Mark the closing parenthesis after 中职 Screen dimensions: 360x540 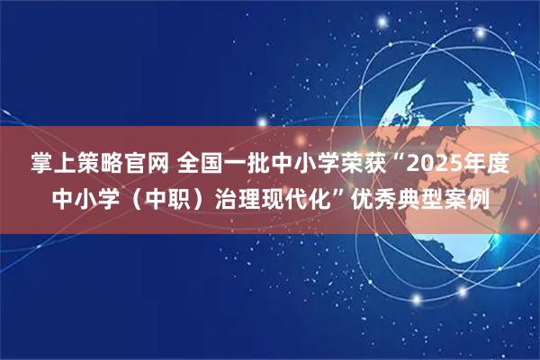(x=197, y=199)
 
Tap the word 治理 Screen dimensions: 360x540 (x=237, y=199)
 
